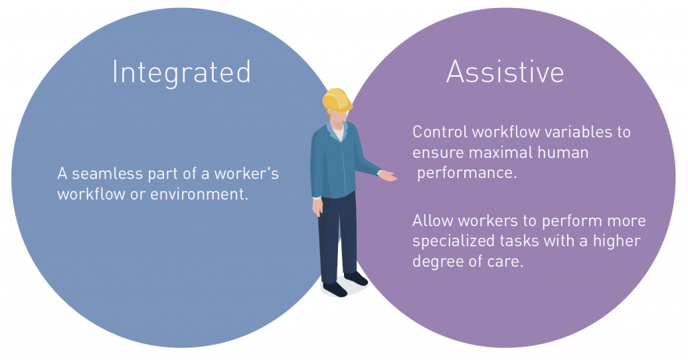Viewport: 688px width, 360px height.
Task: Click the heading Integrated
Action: pyautogui.click(x=181, y=73)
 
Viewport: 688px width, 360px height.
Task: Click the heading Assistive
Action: pyautogui.click(x=505, y=71)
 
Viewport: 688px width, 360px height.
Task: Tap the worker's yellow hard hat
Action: pyautogui.click(x=337, y=101)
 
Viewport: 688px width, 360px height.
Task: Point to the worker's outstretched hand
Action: pyautogui.click(x=388, y=175)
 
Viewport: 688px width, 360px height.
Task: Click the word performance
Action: pyautogui.click(x=467, y=173)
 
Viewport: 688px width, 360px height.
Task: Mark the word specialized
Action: pyautogui.click(x=454, y=242)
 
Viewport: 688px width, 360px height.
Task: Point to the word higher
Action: pyautogui.click(x=617, y=240)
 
